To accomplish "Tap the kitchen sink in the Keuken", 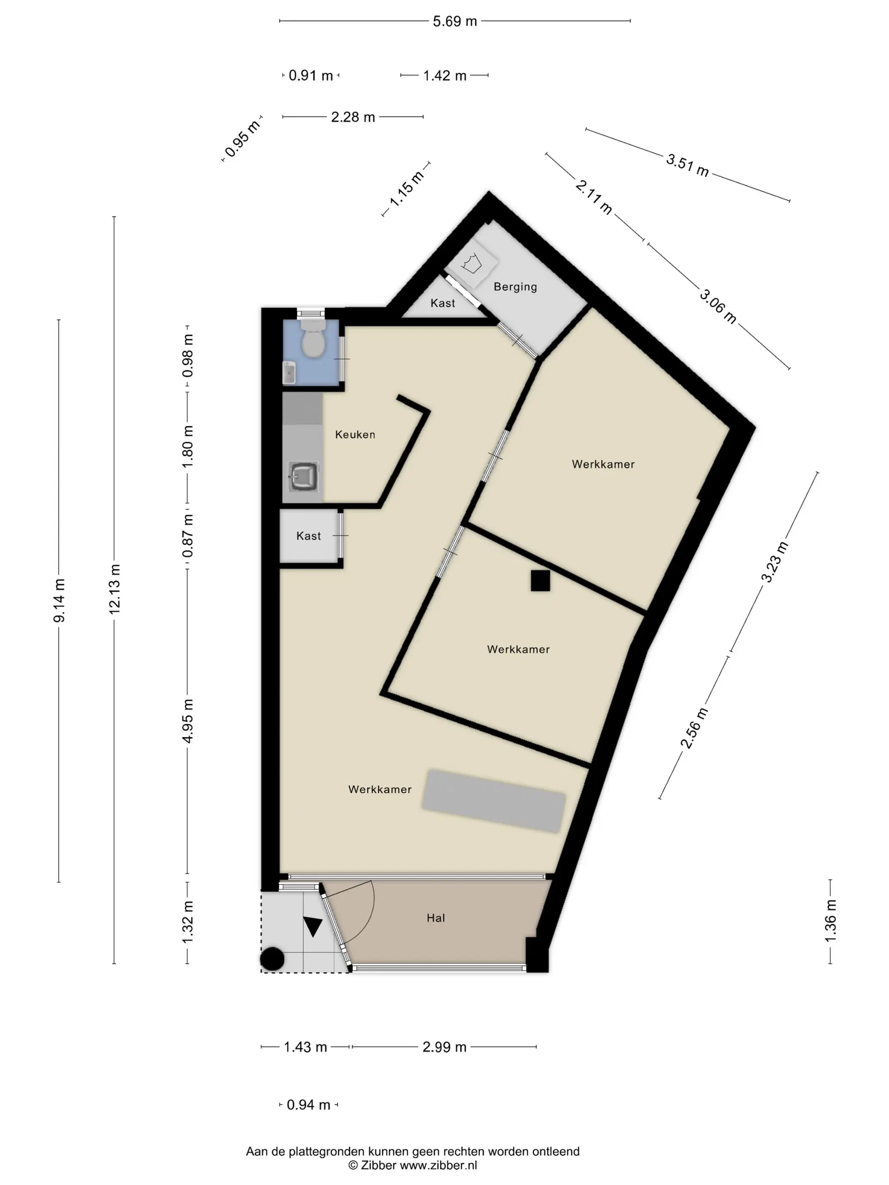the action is point(303,476).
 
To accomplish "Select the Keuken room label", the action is point(355,435).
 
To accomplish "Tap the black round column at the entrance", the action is point(272,959).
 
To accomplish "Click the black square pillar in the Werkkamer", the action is point(540,581).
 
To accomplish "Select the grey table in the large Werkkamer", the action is point(494,802).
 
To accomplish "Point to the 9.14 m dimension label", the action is point(59,601).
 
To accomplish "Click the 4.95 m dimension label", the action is point(188,721).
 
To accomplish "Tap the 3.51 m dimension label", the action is point(687,165).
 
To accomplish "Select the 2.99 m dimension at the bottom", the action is point(444,1047).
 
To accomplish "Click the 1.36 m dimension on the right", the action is point(830,921).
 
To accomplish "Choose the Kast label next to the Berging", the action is point(443,303).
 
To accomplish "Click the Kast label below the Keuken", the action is point(309,536).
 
